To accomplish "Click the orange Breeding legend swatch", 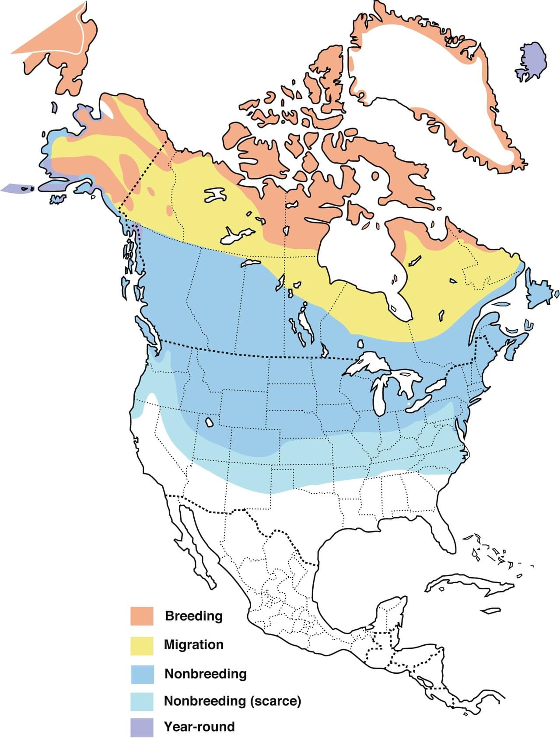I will coord(142,616).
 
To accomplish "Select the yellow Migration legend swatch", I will coord(142,645).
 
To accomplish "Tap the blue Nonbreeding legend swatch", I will coord(142,674).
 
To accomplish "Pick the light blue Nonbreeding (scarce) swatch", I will coord(142,702).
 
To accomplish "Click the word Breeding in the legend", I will coord(193,616).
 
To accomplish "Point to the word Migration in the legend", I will coord(193,645).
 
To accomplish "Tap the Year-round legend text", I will coord(199,727).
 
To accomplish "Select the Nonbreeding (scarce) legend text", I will coord(232,701).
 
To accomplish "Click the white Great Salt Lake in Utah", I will coord(209,422).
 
